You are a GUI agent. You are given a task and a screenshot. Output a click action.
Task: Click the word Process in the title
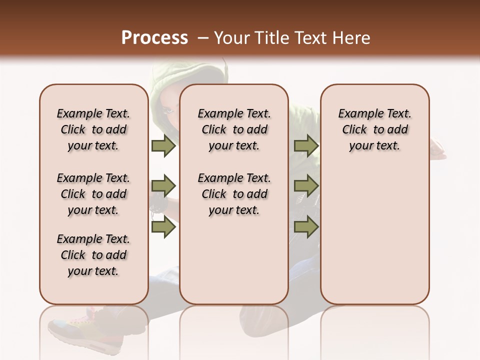(154, 37)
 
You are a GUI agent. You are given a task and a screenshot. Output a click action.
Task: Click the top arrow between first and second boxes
(163, 145)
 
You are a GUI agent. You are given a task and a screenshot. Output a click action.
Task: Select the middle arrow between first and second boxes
(163, 186)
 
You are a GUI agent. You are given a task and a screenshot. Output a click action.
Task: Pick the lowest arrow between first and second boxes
(163, 227)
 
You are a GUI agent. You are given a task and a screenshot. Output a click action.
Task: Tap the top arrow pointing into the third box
(306, 145)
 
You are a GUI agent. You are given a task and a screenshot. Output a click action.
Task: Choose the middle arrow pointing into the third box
(306, 186)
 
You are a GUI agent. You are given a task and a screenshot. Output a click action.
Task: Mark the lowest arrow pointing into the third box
(306, 227)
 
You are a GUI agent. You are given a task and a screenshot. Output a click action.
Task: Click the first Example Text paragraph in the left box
(93, 129)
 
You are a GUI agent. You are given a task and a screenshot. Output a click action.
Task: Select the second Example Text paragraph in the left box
(93, 194)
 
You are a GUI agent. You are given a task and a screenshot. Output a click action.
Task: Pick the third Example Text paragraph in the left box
(93, 255)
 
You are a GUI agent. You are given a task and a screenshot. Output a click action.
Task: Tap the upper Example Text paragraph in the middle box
(234, 129)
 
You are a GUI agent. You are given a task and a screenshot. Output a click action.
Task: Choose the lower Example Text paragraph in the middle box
(234, 194)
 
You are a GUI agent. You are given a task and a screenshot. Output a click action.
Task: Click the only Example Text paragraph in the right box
(374, 129)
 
